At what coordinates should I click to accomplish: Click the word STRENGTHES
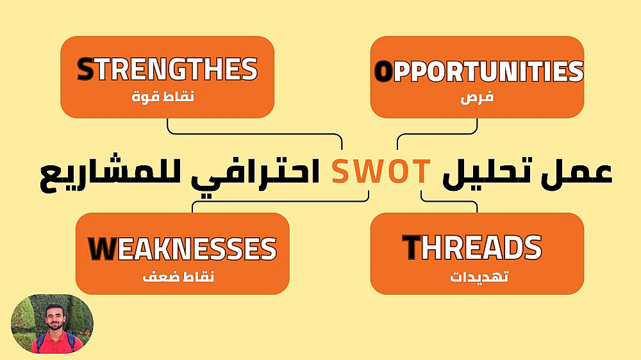coord(167,69)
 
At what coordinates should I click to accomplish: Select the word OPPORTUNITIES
coord(479,71)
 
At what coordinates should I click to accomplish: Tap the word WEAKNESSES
coord(182,249)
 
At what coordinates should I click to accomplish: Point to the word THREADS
coord(472,247)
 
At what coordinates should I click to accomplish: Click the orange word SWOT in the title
coord(381,171)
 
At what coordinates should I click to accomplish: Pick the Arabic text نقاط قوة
coord(163,97)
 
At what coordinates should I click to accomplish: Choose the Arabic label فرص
coord(477,97)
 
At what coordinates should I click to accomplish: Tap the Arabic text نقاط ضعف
coord(178,277)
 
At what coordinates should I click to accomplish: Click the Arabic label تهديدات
coord(479,277)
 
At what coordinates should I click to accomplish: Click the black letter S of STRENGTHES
coord(85,69)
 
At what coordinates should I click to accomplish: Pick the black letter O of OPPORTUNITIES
coord(383,72)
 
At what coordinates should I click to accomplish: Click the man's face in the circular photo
coord(54,318)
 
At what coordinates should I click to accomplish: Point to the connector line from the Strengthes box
coord(254,134)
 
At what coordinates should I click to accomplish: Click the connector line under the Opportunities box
coord(437,134)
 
